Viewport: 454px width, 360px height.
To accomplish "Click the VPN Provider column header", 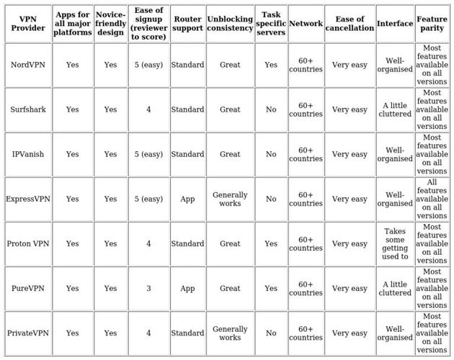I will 28,24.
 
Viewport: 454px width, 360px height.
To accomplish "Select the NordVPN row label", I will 28,65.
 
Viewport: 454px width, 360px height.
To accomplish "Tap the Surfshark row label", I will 28,109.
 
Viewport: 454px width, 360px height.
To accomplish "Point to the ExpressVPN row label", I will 28,199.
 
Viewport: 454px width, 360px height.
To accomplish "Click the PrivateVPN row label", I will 28,333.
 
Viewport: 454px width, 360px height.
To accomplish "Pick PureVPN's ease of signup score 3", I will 148,288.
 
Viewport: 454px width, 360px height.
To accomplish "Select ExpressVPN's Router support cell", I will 187,199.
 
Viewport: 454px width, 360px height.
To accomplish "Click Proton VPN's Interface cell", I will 395,243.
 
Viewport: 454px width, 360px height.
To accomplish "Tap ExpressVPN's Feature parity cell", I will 432,199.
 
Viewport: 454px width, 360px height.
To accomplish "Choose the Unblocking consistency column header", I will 230,24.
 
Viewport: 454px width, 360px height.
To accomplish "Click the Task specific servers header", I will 271,24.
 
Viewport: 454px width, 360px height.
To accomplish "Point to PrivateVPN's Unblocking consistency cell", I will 230,333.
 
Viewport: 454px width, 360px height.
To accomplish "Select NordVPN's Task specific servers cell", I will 271,65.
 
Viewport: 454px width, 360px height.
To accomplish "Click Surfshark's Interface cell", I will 395,109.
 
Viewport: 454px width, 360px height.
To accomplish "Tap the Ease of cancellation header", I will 350,24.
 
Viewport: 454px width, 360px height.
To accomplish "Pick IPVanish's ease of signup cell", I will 148,154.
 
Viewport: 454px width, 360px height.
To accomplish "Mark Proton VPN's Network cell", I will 306,243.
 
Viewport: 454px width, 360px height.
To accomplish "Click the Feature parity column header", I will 432,24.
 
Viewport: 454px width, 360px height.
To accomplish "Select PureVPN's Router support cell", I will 187,288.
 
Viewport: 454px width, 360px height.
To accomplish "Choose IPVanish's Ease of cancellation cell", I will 350,154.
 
